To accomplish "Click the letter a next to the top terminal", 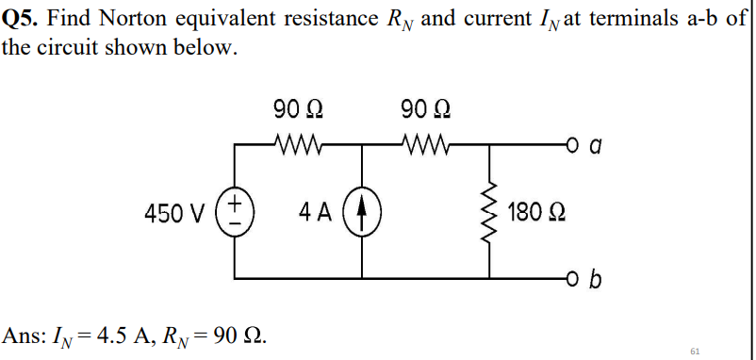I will (x=594, y=145).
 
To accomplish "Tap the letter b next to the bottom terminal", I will (x=595, y=279).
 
